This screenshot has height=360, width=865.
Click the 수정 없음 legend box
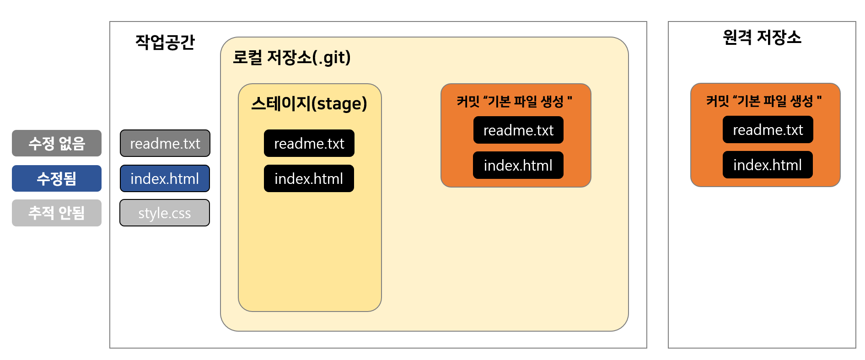[57, 143]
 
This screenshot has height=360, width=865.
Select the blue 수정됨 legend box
[57, 178]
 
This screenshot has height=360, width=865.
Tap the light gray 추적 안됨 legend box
[57, 213]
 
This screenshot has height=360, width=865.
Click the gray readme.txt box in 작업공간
[165, 143]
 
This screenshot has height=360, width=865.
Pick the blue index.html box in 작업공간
[165, 178]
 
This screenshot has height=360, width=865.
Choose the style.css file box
[165, 213]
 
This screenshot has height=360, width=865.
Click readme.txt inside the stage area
[309, 143]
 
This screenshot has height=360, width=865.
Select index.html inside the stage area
[309, 178]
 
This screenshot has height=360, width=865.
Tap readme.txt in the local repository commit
[518, 130]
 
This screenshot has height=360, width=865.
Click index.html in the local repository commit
[518, 165]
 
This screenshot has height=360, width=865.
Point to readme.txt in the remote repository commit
[768, 129]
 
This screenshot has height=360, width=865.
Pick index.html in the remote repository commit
[768, 165]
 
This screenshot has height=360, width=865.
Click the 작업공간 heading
[165, 42]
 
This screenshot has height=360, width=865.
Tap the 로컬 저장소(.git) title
[291, 58]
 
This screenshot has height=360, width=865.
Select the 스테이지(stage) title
[309, 103]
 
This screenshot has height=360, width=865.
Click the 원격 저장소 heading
[762, 37]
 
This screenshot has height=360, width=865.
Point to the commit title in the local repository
[514, 101]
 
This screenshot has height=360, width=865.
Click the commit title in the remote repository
[763, 101]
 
